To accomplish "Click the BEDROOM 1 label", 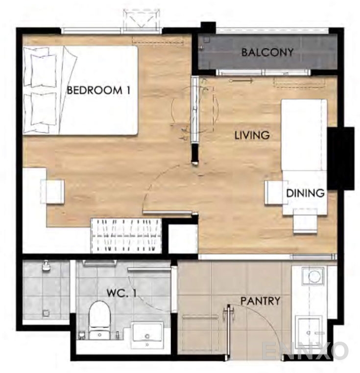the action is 98,91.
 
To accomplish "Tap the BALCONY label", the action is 267,52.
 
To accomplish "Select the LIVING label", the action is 252,136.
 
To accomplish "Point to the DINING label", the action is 305,193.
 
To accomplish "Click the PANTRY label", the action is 260,301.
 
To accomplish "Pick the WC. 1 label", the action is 121,293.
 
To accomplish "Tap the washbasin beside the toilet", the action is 147,335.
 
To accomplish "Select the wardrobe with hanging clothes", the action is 126,235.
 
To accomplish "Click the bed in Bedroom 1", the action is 80,91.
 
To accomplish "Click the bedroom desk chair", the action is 52,191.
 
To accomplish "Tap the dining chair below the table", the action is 305,221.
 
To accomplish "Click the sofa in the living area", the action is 304,135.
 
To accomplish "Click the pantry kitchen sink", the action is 309,329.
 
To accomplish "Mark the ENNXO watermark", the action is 306,351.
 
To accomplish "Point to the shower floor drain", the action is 46,313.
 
